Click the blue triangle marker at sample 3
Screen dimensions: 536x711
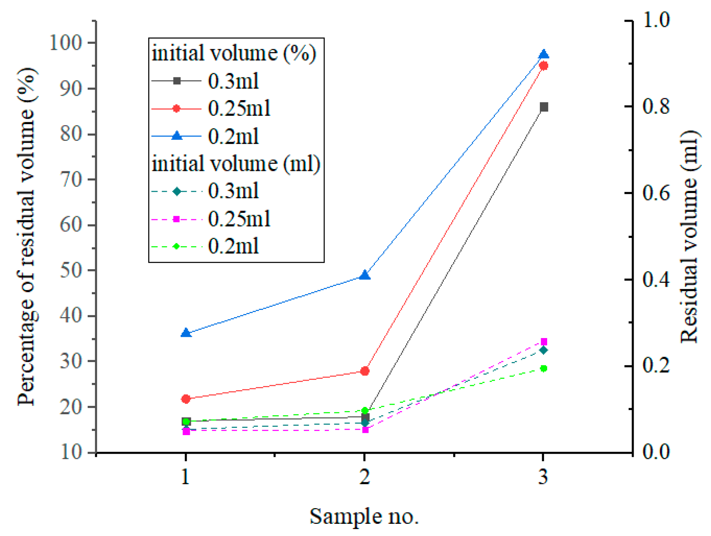544,54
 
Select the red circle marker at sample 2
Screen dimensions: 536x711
365,371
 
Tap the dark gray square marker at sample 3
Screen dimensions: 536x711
544,107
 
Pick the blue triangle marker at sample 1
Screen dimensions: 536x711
186,333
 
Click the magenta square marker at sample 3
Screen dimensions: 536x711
544,341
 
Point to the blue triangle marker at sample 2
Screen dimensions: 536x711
365,275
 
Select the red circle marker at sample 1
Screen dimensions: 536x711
186,399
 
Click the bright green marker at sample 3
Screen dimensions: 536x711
544,368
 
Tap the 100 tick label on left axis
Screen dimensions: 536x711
66,43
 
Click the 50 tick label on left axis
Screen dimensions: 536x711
71,270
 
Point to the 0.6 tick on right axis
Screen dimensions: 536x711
655,193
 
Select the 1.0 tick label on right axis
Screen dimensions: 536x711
655,20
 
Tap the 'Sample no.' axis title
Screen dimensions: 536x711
364,517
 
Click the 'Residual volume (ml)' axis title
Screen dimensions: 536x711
689,236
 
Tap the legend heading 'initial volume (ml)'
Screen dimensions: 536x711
235,164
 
